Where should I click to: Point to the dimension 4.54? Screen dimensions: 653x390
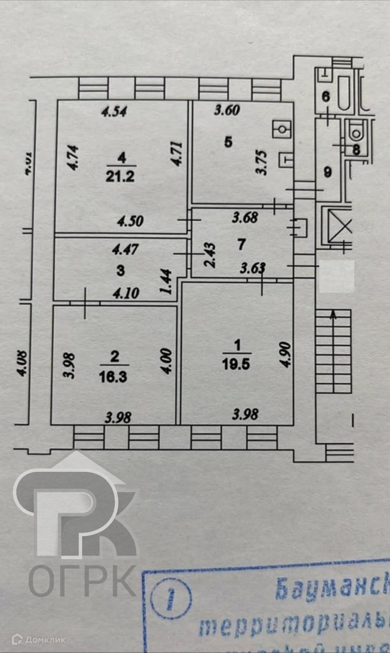tap(114, 112)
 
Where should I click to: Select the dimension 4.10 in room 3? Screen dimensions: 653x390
tap(119, 294)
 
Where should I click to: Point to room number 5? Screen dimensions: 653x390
tap(228, 142)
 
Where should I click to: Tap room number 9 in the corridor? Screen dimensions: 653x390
tap(328, 172)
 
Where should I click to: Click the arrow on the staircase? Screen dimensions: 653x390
tap(334, 314)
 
